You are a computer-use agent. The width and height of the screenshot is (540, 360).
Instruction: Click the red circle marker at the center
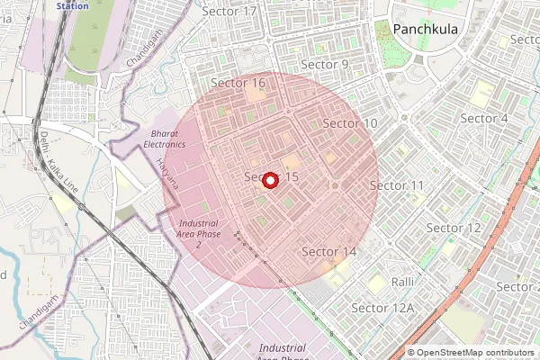pos(270,180)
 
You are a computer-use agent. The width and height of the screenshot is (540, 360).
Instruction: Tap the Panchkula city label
pos(430,30)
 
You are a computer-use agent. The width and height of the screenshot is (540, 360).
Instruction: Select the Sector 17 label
pos(229,11)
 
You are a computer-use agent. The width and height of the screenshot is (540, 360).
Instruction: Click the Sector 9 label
pos(324,65)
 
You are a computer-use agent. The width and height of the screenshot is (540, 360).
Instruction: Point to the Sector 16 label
pos(238,83)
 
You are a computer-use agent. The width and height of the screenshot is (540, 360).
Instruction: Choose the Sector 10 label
pos(350,122)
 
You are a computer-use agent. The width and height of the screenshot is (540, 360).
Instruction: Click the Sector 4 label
pos(484,119)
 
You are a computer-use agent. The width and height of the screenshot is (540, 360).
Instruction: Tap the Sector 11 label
pos(397,185)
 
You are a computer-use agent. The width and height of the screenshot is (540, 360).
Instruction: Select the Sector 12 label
pos(454,228)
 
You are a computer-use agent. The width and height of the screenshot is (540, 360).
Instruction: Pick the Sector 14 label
pos(328,251)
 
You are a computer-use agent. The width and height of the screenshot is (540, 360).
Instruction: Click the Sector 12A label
pos(382,308)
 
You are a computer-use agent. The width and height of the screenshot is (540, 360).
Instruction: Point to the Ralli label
pos(402,282)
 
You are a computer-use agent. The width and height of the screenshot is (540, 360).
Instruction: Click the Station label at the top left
pos(72,5)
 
